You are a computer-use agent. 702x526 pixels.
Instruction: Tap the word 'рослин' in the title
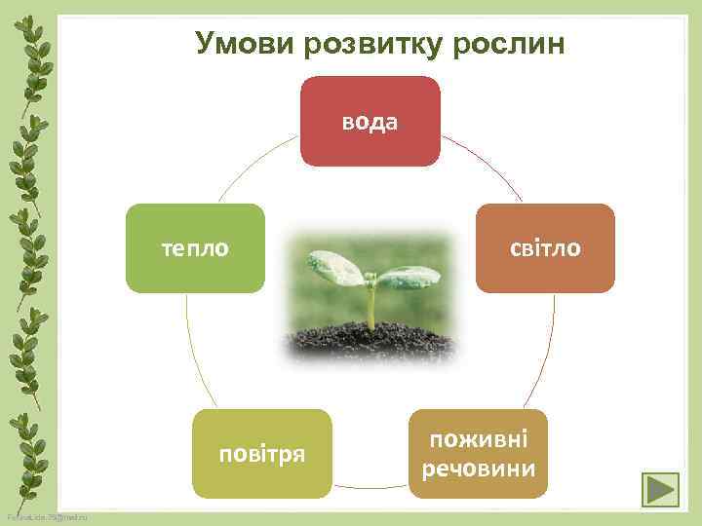tap(514, 44)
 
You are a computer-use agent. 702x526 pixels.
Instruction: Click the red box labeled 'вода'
tap(370, 121)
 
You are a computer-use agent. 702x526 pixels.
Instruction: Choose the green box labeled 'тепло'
tap(195, 248)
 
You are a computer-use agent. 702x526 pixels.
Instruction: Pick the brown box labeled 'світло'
tap(545, 248)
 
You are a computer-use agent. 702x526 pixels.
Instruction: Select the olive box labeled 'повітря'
tap(262, 453)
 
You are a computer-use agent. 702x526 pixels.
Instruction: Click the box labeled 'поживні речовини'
tap(478, 453)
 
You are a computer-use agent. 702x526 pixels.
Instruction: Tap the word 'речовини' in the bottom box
tap(479, 469)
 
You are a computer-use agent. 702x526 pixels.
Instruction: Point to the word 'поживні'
tap(479, 439)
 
